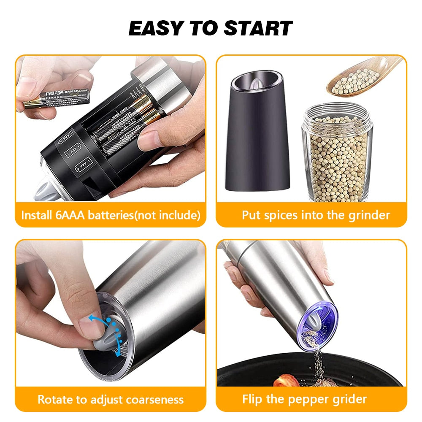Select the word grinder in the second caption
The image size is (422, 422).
tap(368, 215)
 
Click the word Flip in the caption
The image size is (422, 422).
tap(252, 399)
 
